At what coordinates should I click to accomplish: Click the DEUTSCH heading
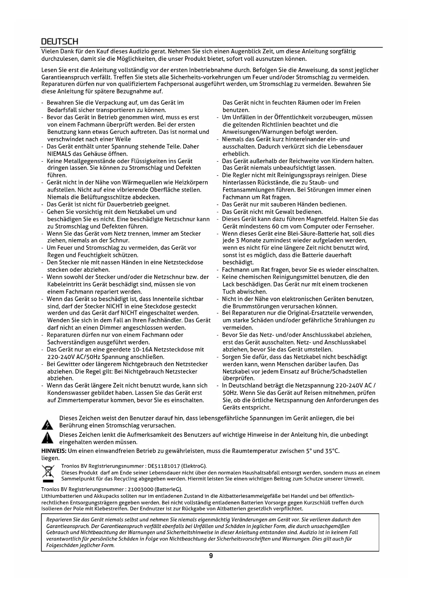(60, 42)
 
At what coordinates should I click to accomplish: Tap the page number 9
(211, 556)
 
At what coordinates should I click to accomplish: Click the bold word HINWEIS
(53, 451)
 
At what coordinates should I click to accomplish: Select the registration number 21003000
(139, 489)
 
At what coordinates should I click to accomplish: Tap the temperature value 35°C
(332, 451)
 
